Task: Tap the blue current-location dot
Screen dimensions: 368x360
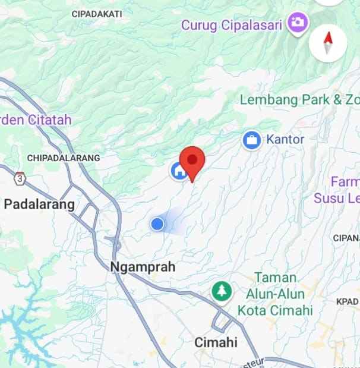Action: coord(157,224)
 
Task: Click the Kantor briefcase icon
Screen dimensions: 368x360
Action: coord(252,140)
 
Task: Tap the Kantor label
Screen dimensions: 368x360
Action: coord(286,140)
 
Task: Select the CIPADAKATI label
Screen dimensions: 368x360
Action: coord(96,13)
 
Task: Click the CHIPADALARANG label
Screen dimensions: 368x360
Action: coord(64,158)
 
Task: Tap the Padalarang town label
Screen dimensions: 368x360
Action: coord(39,205)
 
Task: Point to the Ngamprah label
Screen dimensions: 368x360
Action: coord(143,268)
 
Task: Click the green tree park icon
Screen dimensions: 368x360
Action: coord(222,291)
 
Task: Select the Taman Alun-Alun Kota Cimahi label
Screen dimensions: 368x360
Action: coord(275,294)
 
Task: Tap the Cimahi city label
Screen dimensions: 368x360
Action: coord(216,342)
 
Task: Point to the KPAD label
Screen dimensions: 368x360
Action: coord(347,301)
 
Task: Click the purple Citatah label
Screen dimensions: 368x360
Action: coord(36,120)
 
